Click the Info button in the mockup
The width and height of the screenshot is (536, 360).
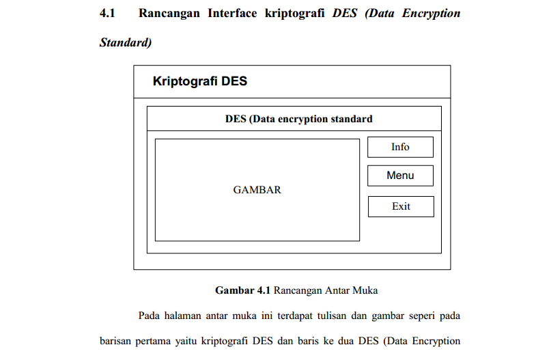(400, 147)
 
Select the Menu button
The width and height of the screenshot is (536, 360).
(400, 176)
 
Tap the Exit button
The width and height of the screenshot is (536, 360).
(401, 206)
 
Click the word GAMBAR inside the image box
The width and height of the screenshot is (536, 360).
(257, 190)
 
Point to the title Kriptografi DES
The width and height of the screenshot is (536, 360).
(199, 82)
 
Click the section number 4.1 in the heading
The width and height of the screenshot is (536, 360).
(109, 13)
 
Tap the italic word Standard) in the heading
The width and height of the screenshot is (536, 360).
(125, 42)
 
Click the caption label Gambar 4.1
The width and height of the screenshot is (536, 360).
(243, 290)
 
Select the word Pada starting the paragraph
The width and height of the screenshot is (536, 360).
(150, 316)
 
